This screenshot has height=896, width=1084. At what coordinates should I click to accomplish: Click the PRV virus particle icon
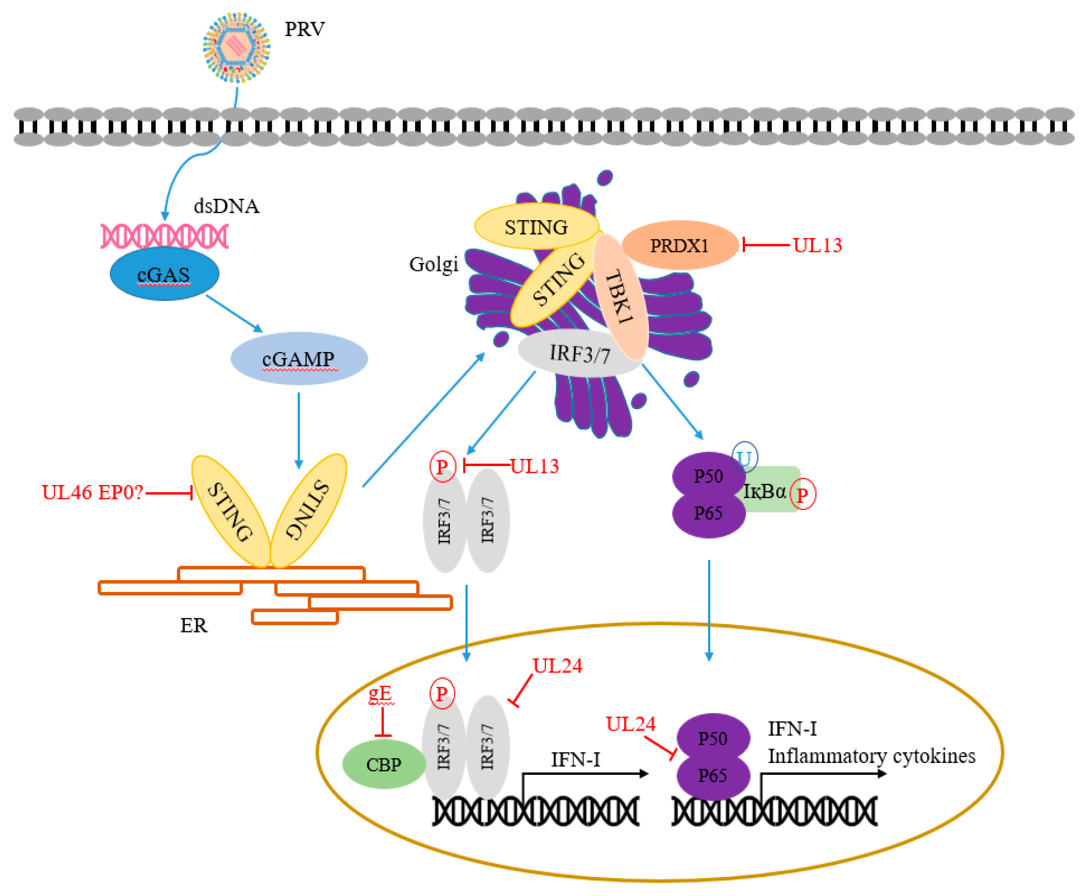click(236, 48)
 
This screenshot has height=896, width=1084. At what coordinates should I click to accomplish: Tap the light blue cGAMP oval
click(299, 358)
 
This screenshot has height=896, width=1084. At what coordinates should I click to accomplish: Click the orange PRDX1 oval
click(680, 245)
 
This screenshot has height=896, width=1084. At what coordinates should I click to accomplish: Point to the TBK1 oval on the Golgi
click(620, 297)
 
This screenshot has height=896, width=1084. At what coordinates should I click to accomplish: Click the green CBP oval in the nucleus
click(384, 764)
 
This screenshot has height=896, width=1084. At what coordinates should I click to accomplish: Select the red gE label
click(380, 693)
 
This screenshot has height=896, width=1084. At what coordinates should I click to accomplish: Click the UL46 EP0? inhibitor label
click(92, 492)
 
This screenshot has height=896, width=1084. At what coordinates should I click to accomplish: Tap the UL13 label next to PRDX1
click(817, 245)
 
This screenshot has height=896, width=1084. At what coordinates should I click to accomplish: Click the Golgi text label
click(433, 264)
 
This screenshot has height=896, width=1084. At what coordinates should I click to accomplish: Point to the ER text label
click(193, 626)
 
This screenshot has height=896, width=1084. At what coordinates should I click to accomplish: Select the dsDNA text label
click(227, 206)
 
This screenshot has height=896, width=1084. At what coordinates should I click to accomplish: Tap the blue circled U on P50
click(745, 457)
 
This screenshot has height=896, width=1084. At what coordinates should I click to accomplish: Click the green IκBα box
click(771, 489)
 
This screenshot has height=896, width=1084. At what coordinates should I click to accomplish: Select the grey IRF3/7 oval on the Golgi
click(579, 354)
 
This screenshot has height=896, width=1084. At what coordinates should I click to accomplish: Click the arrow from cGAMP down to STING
click(299, 431)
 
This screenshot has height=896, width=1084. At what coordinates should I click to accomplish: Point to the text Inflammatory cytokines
click(872, 756)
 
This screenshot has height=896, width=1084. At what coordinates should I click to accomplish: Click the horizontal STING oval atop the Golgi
click(537, 227)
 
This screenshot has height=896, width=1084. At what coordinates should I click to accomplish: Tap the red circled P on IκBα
click(803, 495)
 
